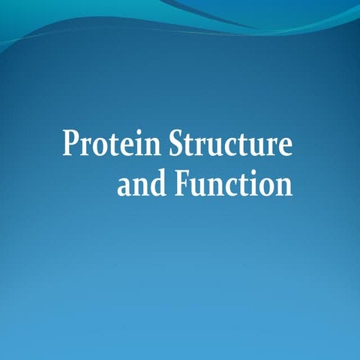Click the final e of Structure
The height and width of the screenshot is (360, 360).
(x=284, y=147)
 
